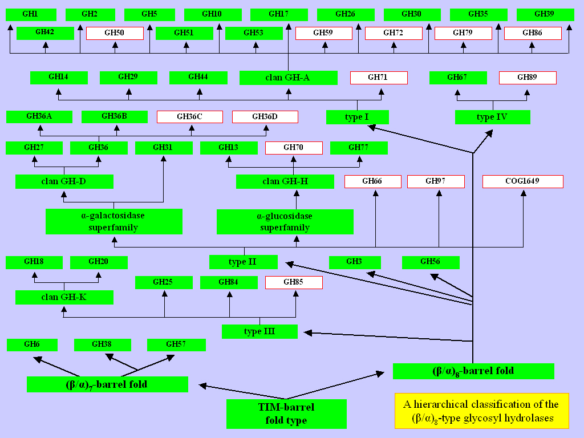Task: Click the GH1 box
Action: pyautogui.click(x=31, y=14)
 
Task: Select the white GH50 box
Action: pyautogui.click(x=115, y=33)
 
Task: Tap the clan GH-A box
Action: pyautogui.click(x=288, y=78)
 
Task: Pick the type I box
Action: pyautogui.click(x=357, y=117)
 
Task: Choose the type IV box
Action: pyautogui.click(x=492, y=117)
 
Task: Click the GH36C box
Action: pyautogui.click(x=190, y=117)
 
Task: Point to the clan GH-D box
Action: pyautogui.click(x=64, y=182)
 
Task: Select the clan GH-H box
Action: pyautogui.click(x=285, y=182)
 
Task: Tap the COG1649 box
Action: pyautogui.click(x=523, y=181)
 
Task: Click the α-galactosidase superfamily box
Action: pyautogui.click(x=114, y=222)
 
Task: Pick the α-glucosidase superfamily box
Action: pyautogui.click(x=285, y=222)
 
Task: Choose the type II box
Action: pyautogui.click(x=243, y=262)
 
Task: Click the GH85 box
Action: pyautogui.click(x=294, y=282)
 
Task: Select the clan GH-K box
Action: pyautogui.click(x=64, y=297)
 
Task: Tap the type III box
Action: pyautogui.click(x=259, y=331)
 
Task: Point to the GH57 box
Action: pyautogui.click(x=176, y=345)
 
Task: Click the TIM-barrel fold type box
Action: pyautogui.click(x=286, y=414)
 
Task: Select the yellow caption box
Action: pyautogui.click(x=482, y=411)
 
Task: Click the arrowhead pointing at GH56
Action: pyautogui.click(x=434, y=277)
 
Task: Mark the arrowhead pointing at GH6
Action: pyautogui.click(x=38, y=359)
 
